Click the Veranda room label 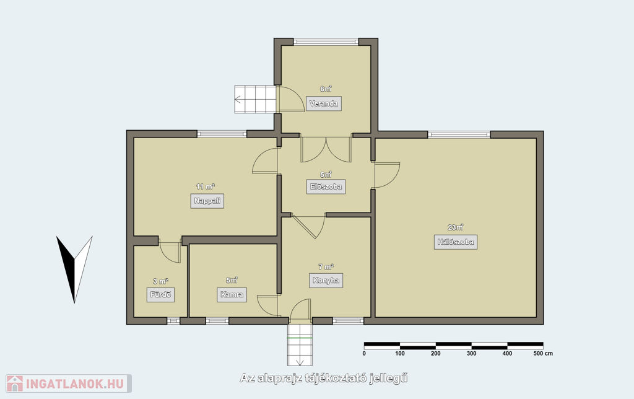tap(323, 103)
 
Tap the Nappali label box tap(207, 201)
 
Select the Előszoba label tap(326, 186)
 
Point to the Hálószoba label tap(456, 242)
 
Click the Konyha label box tap(326, 281)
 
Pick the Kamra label tap(232, 294)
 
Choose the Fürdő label tap(160, 294)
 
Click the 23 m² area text tap(455, 227)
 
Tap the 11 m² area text tap(206, 186)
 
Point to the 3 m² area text tap(160, 281)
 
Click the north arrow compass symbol tap(74, 269)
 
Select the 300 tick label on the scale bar tap(471, 353)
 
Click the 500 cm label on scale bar tap(543, 353)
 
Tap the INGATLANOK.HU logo tap(69, 384)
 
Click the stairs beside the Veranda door tap(256, 99)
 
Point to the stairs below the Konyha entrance tap(300, 344)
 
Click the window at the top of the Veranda tap(326, 42)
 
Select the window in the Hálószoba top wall tap(459, 134)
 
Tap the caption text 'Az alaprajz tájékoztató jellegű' tap(323, 379)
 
